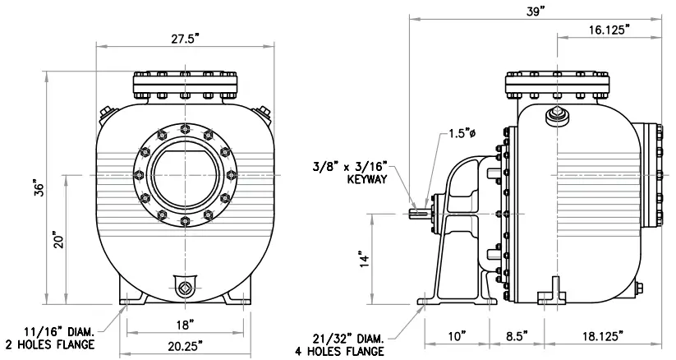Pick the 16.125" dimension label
pyautogui.click(x=609, y=30)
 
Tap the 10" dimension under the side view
pyautogui.click(x=458, y=336)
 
